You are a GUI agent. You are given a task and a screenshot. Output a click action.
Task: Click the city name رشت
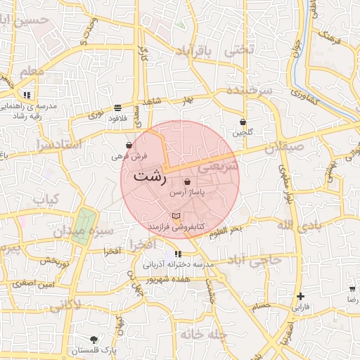click(x=150, y=176)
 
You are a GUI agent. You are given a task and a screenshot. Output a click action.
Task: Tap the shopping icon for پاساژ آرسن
click(x=186, y=181)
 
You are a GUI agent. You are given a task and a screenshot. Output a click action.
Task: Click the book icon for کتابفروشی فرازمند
click(x=176, y=214)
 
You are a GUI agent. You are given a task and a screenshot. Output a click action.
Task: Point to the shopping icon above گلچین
click(x=243, y=122)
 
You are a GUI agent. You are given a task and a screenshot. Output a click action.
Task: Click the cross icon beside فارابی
click(x=301, y=296)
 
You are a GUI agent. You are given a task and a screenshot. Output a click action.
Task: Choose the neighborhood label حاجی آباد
click(x=259, y=259)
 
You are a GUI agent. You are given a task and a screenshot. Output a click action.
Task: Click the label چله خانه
click(x=203, y=335)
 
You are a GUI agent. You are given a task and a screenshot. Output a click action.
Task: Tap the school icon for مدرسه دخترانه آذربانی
click(x=178, y=254)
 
